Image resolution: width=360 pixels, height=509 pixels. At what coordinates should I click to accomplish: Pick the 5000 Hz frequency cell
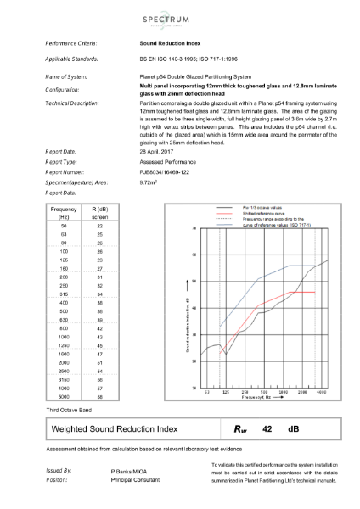coord(64,396)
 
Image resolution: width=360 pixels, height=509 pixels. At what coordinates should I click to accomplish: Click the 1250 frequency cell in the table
coord(64,346)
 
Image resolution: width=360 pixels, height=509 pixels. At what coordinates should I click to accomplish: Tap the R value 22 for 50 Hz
coord(99,227)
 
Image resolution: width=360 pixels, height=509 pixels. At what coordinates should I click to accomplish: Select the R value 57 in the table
coord(99,388)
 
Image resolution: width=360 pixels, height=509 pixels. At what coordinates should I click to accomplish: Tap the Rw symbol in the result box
coord(240,429)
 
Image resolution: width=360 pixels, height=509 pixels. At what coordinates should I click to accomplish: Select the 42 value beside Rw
coord(267,429)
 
